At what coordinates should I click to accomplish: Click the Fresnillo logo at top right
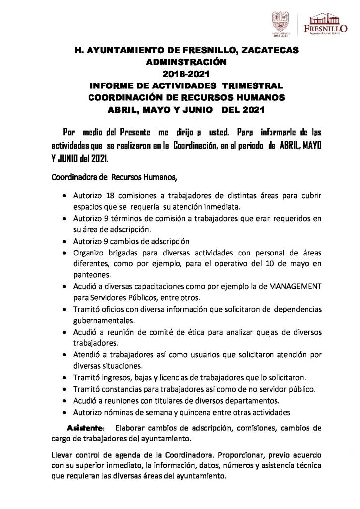coord(325,23)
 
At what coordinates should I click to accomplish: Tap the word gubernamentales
coord(103,321)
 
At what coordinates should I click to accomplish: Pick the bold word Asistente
coord(86,428)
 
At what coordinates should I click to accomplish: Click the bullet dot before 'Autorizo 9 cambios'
coord(65,241)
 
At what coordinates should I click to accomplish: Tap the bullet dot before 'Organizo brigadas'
coord(65,253)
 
